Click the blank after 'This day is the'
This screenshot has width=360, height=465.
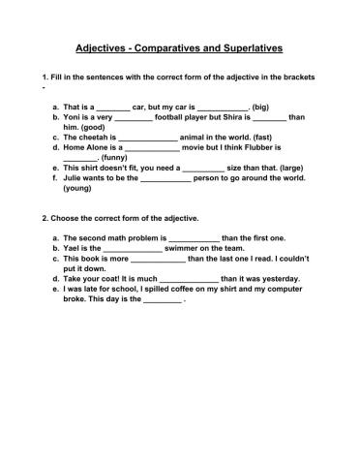click(x=162, y=301)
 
